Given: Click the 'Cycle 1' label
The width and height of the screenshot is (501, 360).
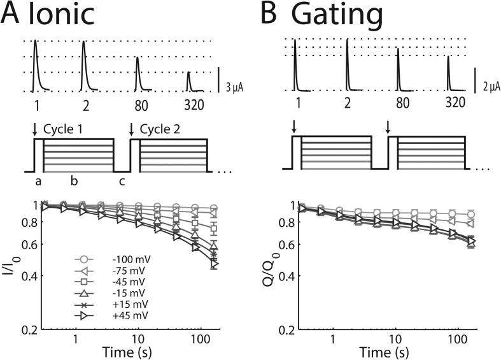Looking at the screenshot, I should click(x=64, y=129).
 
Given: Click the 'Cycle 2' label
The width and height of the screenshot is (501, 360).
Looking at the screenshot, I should click(x=160, y=129).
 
